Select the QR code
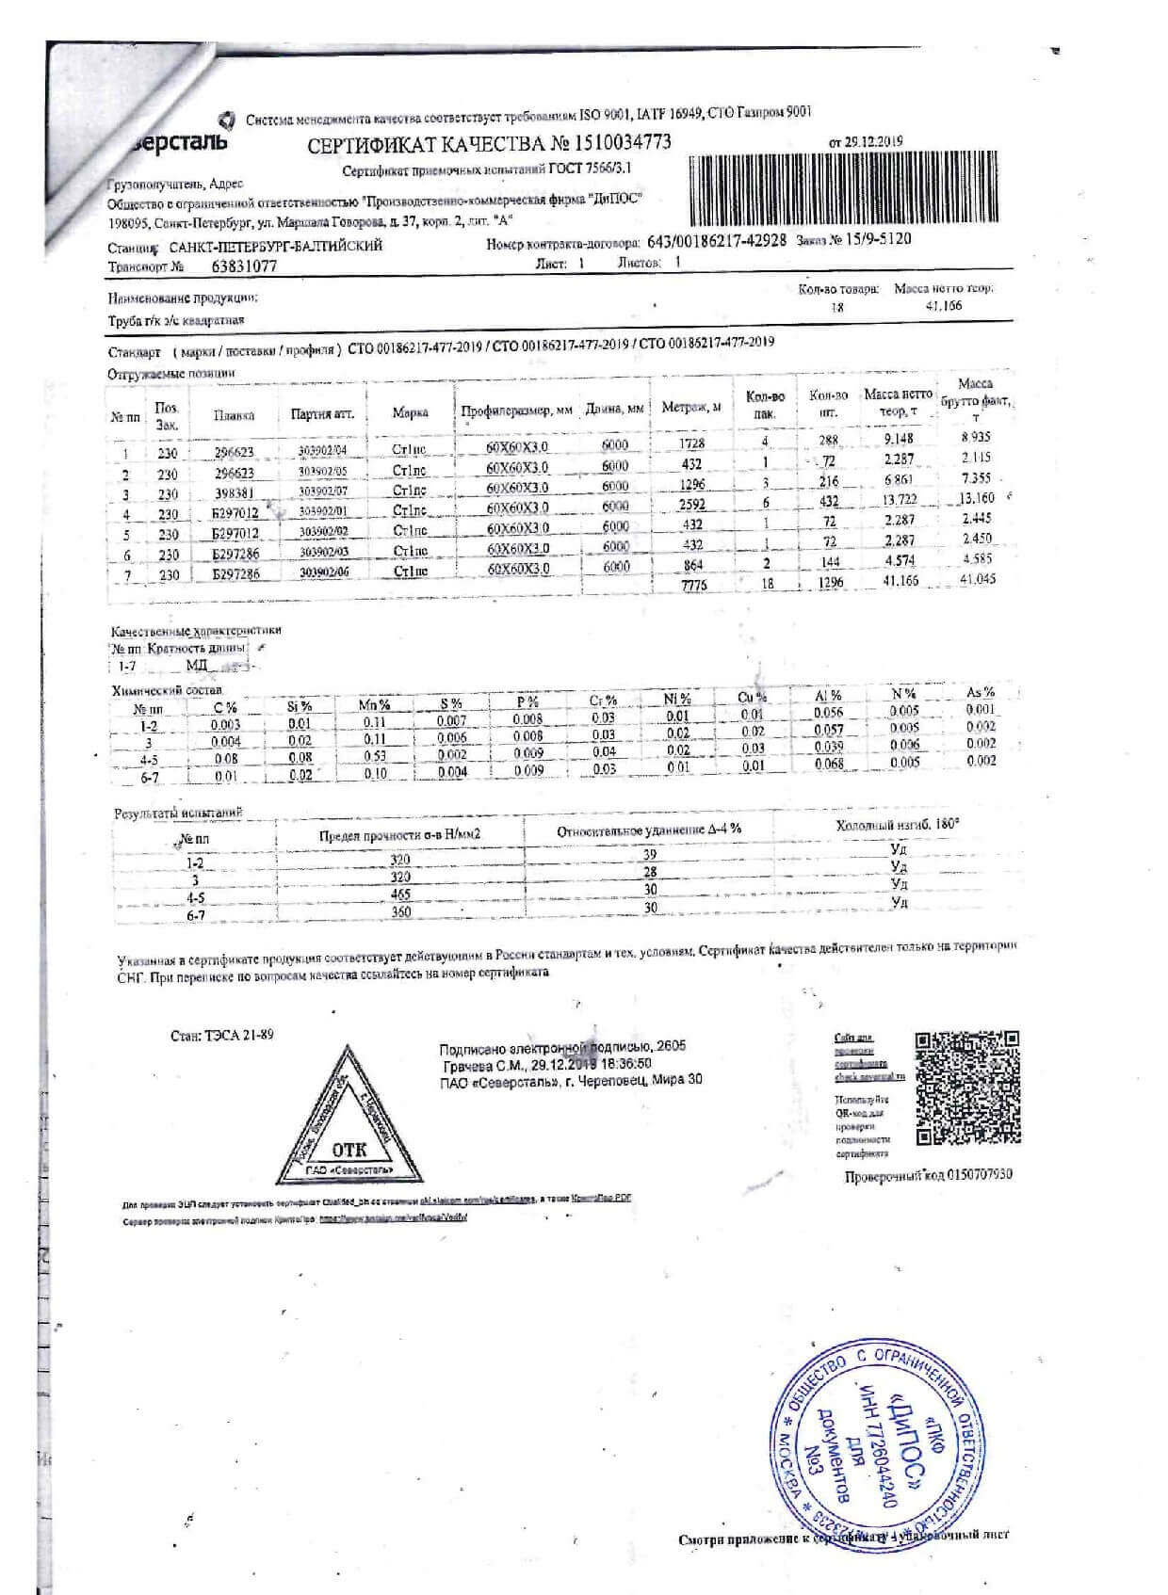tap(967, 1088)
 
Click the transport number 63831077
tap(245, 266)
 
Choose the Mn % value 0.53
tap(375, 756)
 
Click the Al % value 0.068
tap(829, 764)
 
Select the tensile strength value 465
tap(400, 894)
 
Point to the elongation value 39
tap(649, 855)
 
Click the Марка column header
tap(411, 412)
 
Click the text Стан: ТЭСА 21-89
tap(222, 1035)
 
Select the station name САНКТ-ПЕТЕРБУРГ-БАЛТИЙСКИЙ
tap(275, 247)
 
